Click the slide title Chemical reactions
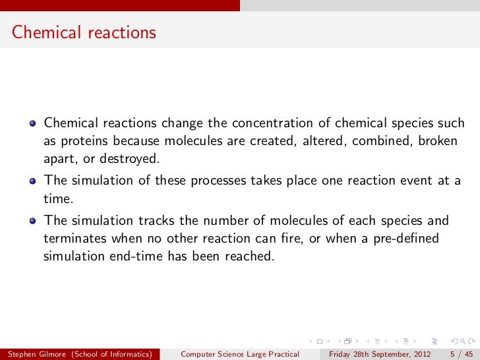(x=84, y=32)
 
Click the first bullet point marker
(x=32, y=123)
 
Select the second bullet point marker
(x=32, y=181)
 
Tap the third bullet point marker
(x=32, y=221)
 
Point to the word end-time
(x=138, y=256)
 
